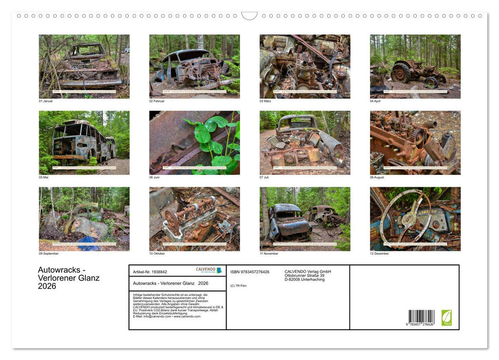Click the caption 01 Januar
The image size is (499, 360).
(46, 101)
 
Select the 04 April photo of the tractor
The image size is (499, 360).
(415, 66)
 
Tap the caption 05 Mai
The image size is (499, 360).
(44, 177)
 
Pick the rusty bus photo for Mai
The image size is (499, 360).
(84, 142)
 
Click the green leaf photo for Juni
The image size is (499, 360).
(194, 142)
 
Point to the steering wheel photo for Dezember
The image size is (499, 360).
(415, 219)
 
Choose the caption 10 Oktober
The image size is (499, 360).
(157, 254)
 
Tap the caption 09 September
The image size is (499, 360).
(49, 254)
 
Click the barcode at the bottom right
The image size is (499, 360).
(421, 317)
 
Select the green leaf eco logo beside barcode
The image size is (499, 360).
(447, 317)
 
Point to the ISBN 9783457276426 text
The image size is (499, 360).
(250, 272)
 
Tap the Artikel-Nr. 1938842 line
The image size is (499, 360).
(150, 272)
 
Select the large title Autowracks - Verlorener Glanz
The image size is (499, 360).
(69, 278)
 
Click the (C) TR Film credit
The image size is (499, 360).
(238, 285)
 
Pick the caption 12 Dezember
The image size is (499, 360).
(379, 254)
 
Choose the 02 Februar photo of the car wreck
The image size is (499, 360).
(194, 66)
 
